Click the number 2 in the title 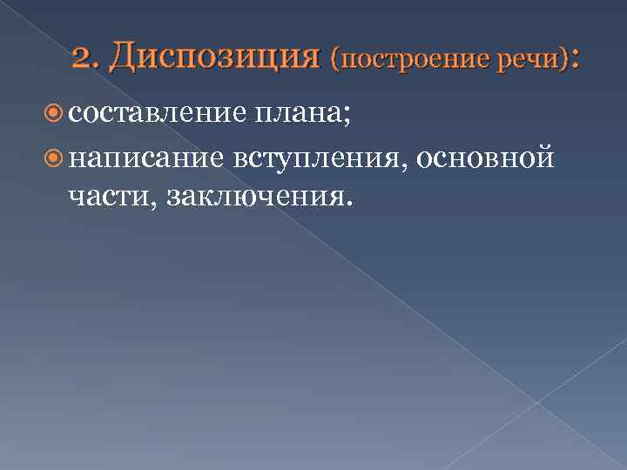coord(83,58)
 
